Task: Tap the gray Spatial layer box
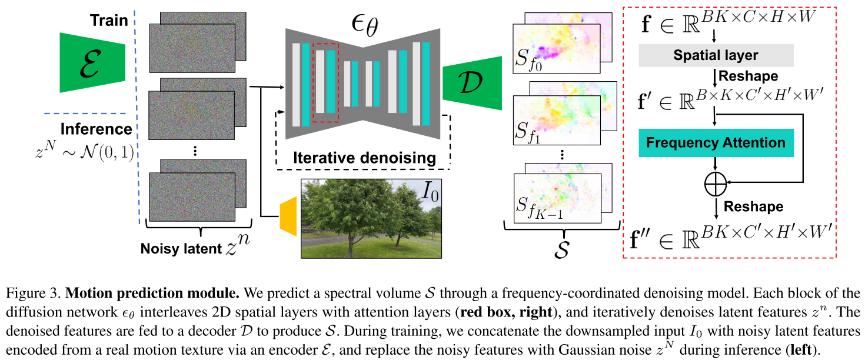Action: pyautogui.click(x=716, y=56)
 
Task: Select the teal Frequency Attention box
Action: pyautogui.click(x=716, y=143)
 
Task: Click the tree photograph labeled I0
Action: pyautogui.click(x=370, y=218)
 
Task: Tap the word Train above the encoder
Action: pyautogui.click(x=109, y=21)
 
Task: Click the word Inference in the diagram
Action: pyautogui.click(x=97, y=128)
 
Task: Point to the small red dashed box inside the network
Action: pyautogui.click(x=325, y=83)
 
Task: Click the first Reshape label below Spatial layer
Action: pyautogui.click(x=748, y=76)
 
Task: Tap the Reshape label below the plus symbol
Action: pyautogui.click(x=753, y=206)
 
